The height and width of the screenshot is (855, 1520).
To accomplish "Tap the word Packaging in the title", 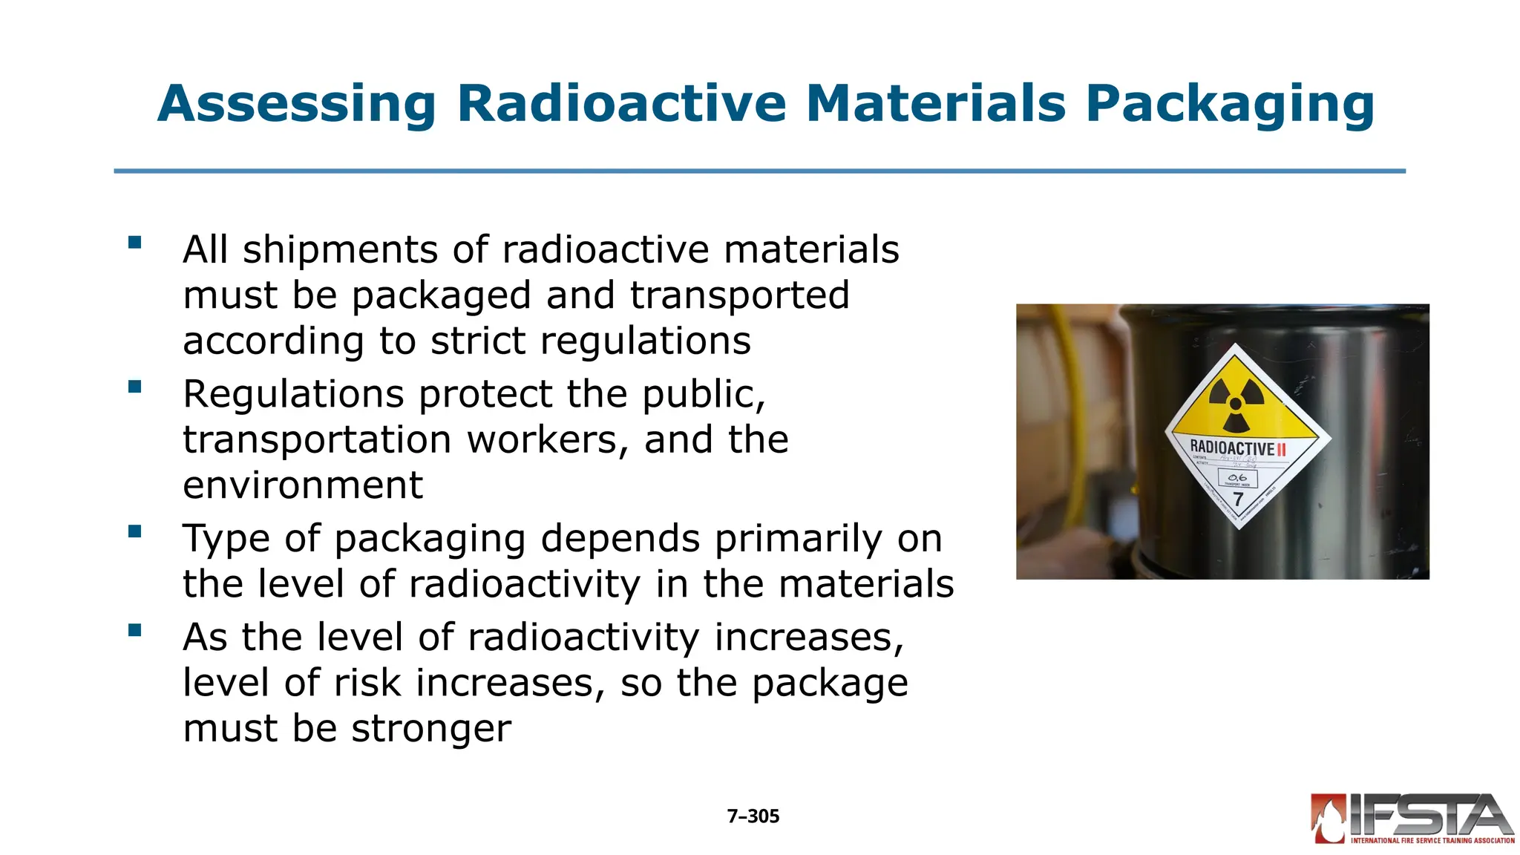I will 1230,104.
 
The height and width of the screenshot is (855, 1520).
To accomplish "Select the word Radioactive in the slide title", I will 621,104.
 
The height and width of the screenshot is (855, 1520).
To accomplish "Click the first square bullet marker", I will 134,243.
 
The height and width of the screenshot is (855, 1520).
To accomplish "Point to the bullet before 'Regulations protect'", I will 134,387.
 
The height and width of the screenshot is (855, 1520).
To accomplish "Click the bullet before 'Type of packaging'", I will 134,531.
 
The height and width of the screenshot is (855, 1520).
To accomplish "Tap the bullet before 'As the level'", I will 134,630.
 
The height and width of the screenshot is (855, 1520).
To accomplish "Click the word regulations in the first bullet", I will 645,341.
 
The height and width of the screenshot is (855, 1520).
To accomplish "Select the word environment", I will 303,486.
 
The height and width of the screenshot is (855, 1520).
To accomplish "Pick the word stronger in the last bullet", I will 431,729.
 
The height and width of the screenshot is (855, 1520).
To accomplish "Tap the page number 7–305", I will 753,816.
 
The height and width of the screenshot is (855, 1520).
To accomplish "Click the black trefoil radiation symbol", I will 1235,404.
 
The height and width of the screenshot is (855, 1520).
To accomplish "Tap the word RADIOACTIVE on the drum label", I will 1232,448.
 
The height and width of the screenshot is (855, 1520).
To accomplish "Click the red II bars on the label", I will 1281,449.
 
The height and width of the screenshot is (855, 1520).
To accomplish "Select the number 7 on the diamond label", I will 1238,499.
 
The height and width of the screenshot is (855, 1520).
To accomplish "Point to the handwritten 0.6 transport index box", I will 1237,478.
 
